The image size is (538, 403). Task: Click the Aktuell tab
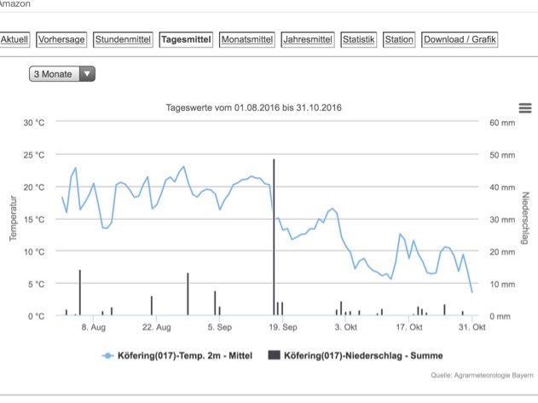click(x=15, y=39)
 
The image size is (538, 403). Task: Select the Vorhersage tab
click(x=62, y=39)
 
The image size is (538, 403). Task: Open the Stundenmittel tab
click(x=124, y=39)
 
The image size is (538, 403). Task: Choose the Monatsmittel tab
click(x=247, y=39)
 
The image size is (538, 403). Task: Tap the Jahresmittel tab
click(x=308, y=39)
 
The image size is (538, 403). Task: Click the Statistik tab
click(x=358, y=39)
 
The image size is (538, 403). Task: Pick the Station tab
click(x=399, y=39)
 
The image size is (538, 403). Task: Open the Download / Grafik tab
click(x=460, y=39)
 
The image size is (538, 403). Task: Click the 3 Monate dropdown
click(x=63, y=74)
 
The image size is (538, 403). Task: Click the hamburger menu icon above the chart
click(x=525, y=107)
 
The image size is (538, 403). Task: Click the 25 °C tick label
click(x=33, y=155)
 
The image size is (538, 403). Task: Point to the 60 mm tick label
click(x=502, y=123)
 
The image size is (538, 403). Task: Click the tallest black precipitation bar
click(x=274, y=239)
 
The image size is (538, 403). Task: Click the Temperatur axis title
click(x=13, y=219)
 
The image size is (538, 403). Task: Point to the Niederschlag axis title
click(x=524, y=219)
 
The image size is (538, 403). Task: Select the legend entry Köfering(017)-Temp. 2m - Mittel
click(x=178, y=355)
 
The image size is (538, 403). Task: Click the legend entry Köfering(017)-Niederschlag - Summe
click(x=356, y=355)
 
